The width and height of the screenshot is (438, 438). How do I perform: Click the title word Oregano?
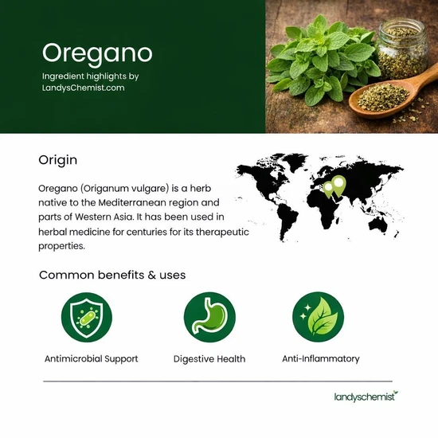[x=96, y=53]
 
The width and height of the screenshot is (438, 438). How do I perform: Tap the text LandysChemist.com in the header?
[x=84, y=88]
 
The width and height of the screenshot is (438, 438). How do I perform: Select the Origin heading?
[x=58, y=160]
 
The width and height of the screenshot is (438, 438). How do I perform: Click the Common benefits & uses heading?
[x=112, y=275]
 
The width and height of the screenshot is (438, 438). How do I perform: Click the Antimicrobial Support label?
[x=91, y=359]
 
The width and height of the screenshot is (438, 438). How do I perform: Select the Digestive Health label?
[x=209, y=359]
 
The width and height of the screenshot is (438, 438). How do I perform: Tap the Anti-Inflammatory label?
[x=321, y=359]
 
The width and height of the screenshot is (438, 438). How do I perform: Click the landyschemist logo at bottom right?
[x=365, y=396]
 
